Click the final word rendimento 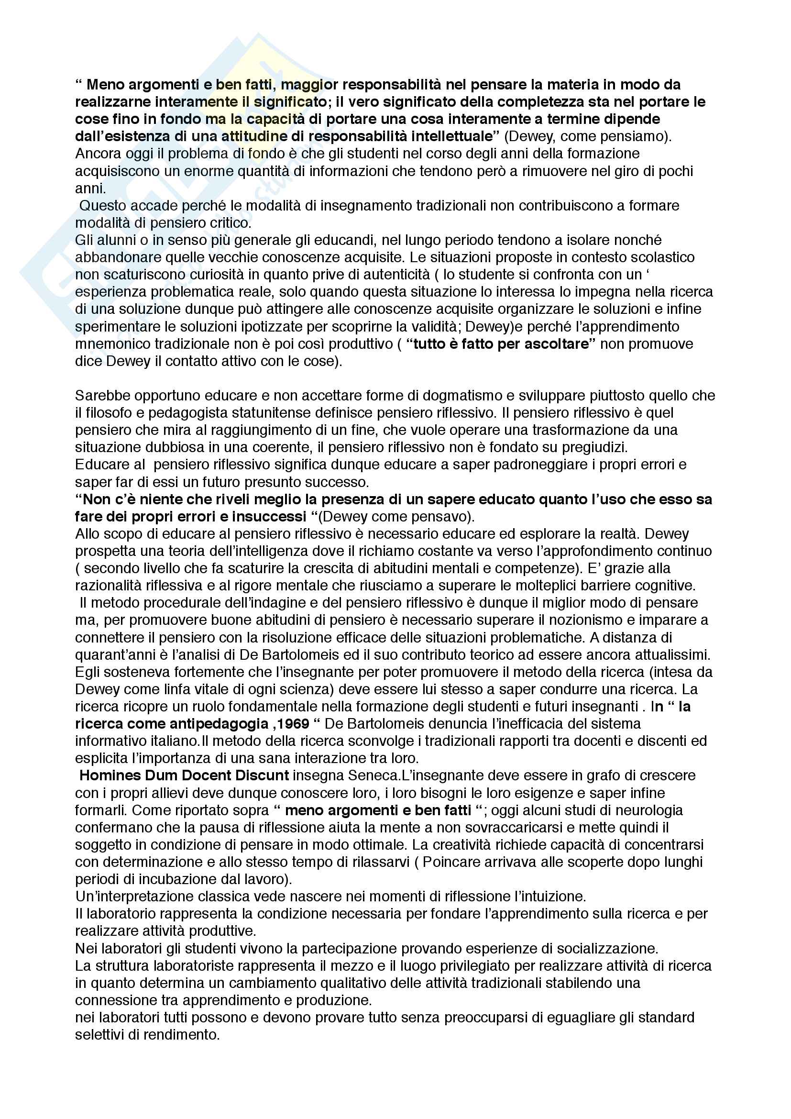(180, 1035)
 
